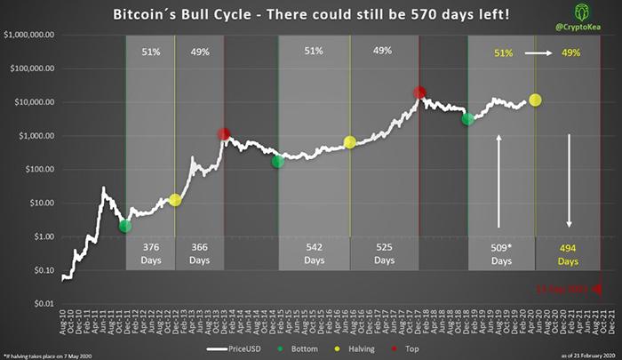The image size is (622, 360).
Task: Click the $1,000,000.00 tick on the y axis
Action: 30,35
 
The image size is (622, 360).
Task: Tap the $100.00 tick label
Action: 37,169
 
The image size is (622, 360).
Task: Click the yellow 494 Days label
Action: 570,254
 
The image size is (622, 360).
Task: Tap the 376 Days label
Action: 150,254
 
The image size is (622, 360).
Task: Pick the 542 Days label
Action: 314,254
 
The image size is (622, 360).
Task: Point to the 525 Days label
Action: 384,254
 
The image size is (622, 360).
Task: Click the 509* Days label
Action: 501,254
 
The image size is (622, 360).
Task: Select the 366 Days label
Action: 199,254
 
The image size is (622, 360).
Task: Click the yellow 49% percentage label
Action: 570,53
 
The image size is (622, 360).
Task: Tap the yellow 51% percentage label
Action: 503,53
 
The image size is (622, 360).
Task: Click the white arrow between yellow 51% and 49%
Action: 537,53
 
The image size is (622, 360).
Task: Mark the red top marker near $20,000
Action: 419,92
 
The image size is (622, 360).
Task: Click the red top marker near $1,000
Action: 225,135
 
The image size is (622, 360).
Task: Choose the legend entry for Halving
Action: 359,348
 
